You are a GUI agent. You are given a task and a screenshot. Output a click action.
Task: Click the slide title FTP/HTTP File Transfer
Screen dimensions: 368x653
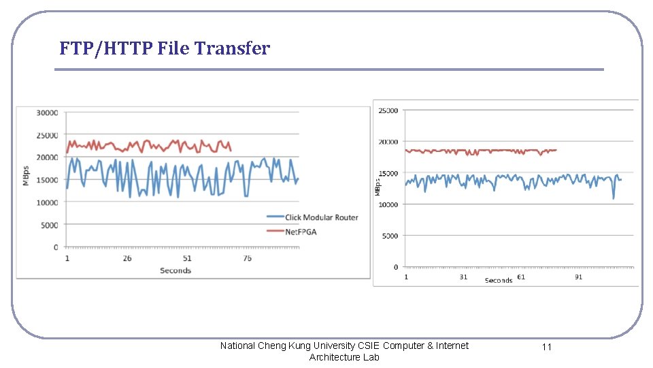pos(164,49)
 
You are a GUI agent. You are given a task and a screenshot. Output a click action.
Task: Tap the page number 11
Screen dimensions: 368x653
pos(547,347)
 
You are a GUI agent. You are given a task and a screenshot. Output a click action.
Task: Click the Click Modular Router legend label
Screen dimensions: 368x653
pos(321,217)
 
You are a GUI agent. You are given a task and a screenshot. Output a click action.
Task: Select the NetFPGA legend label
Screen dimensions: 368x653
pos(301,232)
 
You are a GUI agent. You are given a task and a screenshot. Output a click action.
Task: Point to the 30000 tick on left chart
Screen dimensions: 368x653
pos(47,112)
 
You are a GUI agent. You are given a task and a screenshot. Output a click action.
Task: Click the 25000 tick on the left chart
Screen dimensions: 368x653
pos(47,135)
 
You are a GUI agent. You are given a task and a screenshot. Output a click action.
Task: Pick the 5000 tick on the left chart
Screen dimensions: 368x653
pos(49,225)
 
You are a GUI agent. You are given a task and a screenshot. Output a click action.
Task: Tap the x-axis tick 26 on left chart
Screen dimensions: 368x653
pos(127,258)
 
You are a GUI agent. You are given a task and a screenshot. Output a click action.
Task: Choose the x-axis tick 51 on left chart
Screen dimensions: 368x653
pos(187,258)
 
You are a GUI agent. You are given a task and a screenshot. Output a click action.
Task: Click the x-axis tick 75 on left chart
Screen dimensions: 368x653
pos(247,258)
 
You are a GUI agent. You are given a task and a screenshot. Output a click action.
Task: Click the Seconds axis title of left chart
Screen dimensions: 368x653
pos(175,271)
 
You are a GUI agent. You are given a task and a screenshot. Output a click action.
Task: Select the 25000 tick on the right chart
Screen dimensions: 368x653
pos(388,110)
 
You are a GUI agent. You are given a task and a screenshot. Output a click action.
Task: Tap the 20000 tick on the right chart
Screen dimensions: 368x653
pos(388,142)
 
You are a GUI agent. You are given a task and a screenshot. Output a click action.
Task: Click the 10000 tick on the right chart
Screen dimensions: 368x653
pos(388,204)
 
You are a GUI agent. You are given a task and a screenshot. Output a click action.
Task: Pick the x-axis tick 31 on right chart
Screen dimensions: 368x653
pos(463,277)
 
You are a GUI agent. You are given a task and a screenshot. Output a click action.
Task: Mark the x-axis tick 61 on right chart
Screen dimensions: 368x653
pos(520,277)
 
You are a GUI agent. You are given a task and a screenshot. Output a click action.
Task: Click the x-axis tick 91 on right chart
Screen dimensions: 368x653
pos(578,277)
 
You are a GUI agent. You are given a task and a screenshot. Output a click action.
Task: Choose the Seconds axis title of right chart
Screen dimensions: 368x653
pos(499,281)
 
